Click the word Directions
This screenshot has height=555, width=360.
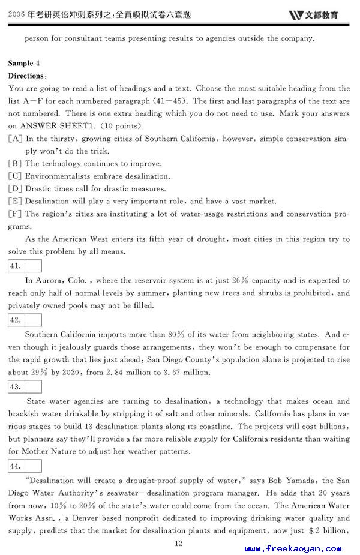tap(26, 76)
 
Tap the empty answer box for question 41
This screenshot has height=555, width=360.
tap(33, 266)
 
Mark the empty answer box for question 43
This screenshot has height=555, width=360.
tap(33, 386)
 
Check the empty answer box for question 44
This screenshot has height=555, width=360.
tap(33, 466)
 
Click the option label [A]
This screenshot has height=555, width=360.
tap(16, 139)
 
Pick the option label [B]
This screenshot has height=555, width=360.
tap(16, 164)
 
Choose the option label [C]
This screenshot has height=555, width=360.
tap(16, 176)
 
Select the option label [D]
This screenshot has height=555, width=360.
tap(16, 189)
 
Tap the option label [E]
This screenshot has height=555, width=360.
tap(16, 202)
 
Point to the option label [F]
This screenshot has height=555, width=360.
tap(16, 214)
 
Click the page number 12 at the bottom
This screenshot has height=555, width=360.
tap(178, 543)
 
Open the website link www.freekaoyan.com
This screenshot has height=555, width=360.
tap(293, 548)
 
